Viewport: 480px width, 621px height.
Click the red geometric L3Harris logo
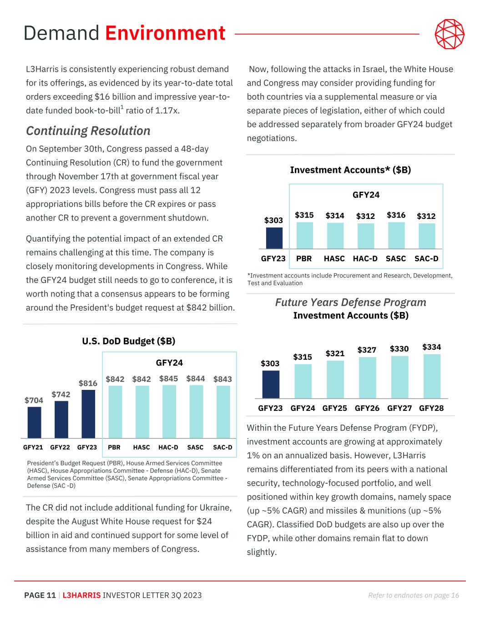coord(450,34)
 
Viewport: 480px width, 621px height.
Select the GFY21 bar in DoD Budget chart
coord(34,422)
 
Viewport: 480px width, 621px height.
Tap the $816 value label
coord(88,384)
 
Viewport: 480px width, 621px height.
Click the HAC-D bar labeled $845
coord(169,412)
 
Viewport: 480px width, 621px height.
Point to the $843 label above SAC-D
coord(222,379)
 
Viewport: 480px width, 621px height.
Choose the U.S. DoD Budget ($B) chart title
coord(129,341)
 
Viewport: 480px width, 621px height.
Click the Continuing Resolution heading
coord(88,131)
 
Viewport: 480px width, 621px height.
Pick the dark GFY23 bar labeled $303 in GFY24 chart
coord(274,238)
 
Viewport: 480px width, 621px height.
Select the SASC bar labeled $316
coord(396,235)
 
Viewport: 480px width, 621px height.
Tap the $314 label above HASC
coord(335,216)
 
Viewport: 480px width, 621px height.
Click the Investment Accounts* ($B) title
coord(350,170)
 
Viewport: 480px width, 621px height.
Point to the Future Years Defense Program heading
coord(350,302)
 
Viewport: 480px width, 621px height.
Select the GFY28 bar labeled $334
coord(432,376)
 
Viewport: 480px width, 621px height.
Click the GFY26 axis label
coord(367,408)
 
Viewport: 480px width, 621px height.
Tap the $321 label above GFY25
coord(335,353)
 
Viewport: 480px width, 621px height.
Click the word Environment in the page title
coord(165,33)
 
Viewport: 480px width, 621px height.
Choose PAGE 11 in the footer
coord(40,595)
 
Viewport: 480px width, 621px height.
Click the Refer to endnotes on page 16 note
coord(414,595)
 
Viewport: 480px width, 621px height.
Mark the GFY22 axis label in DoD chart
coord(60,447)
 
